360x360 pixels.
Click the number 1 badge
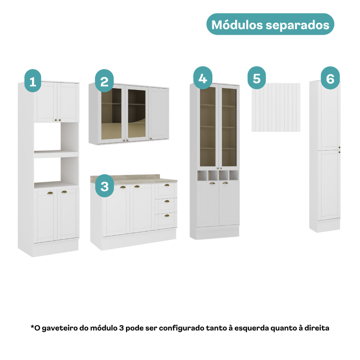pyautogui.click(x=33, y=81)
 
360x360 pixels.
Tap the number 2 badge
pyautogui.click(x=104, y=81)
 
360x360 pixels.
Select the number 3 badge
pyautogui.click(x=104, y=186)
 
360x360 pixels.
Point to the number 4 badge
pyautogui.click(x=203, y=78)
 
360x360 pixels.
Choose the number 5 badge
pyautogui.click(x=256, y=78)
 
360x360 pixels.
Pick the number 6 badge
pyautogui.click(x=330, y=78)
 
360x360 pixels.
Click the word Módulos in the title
pyautogui.click(x=237, y=25)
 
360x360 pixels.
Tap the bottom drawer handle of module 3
pyautogui.click(x=167, y=216)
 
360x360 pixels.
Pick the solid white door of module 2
pyautogui.click(x=159, y=113)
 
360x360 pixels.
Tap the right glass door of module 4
pyautogui.click(x=229, y=127)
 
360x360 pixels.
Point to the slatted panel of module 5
pyautogui.click(x=276, y=108)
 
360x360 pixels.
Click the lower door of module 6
pyautogui.click(x=329, y=185)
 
